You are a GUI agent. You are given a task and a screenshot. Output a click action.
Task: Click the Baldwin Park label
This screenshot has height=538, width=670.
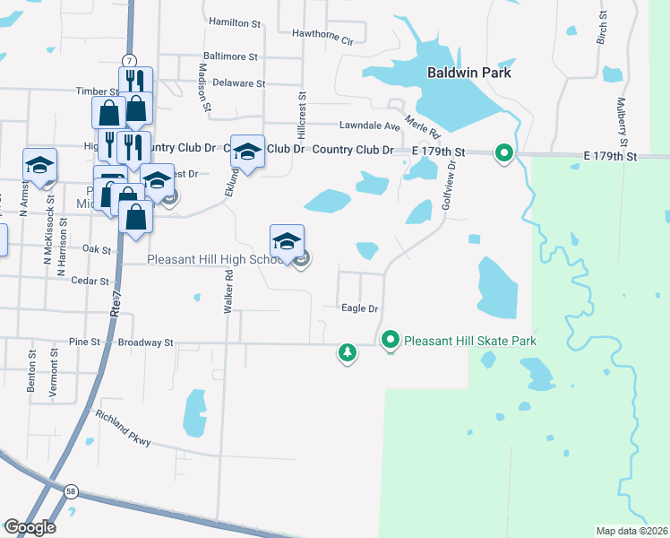pyautogui.click(x=468, y=73)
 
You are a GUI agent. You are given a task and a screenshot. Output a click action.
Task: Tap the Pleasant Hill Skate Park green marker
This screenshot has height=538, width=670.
pyautogui.click(x=391, y=341)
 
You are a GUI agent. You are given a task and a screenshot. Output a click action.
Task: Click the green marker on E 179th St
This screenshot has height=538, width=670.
pyautogui.click(x=503, y=154)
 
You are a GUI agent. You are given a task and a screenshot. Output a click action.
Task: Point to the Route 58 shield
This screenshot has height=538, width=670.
pyautogui.click(x=71, y=490)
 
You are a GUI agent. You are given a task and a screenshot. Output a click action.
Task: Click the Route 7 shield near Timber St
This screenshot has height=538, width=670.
pyautogui.click(x=130, y=60)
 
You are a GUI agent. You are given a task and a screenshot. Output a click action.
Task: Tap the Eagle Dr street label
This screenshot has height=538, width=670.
pyautogui.click(x=361, y=308)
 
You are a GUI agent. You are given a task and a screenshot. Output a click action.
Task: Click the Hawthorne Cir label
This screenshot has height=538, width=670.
pyautogui.click(x=323, y=36)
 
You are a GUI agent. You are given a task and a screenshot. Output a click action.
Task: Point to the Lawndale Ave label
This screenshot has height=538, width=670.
pyautogui.click(x=369, y=126)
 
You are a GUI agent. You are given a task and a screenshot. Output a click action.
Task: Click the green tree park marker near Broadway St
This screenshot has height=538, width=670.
pyautogui.click(x=348, y=352)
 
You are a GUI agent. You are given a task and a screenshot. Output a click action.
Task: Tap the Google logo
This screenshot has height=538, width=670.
pyautogui.click(x=29, y=527)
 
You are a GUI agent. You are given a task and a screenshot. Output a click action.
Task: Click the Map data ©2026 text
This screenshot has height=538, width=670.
pyautogui.click(x=631, y=531)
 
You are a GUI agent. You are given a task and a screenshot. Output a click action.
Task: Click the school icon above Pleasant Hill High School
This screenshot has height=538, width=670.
pyautogui.click(x=287, y=241)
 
